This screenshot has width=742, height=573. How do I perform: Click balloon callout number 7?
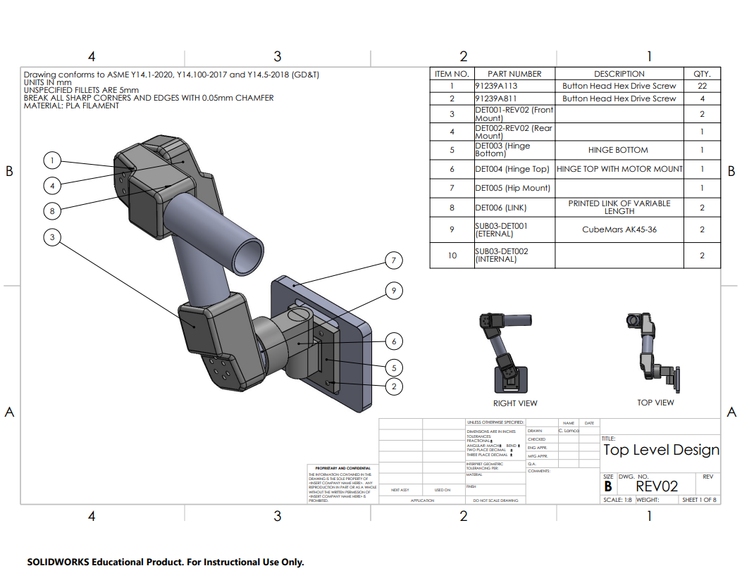coord(394,261)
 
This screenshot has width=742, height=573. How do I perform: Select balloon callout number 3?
coord(52,237)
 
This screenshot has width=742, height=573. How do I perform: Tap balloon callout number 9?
coord(394,290)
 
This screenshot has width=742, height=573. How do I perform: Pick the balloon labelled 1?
coord(52,160)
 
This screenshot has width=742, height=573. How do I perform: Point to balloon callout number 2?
coord(394,386)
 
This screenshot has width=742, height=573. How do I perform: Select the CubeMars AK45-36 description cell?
coord(619,229)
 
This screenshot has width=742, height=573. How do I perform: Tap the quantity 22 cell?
coord(702,86)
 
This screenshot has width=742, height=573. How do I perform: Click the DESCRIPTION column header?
coord(619,74)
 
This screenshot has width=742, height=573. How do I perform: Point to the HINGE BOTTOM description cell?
coord(618,150)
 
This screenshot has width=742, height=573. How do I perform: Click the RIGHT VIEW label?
coord(515,403)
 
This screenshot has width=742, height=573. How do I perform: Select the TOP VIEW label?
coord(655,403)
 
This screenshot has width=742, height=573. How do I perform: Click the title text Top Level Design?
coord(661,451)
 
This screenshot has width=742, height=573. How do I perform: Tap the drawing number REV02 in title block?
coord(657,486)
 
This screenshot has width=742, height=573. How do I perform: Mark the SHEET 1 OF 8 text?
coord(699,500)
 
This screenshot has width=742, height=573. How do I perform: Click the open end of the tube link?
coord(251,256)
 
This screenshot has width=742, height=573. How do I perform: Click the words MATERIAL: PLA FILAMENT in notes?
coord(71,106)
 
